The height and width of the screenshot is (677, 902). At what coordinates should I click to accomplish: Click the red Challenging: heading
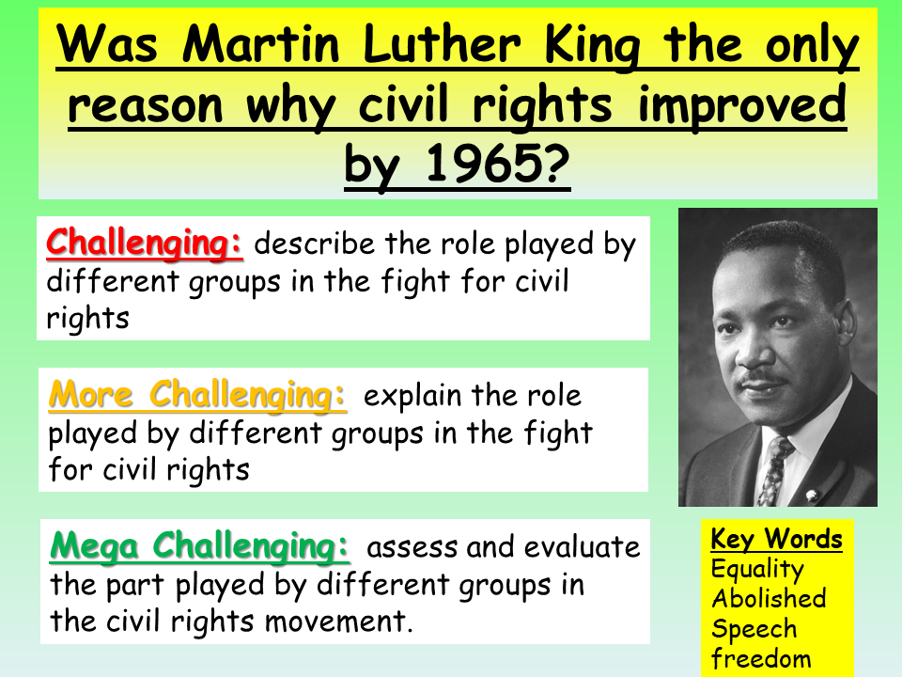(x=145, y=243)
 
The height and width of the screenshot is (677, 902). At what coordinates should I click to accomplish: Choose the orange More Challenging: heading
(x=197, y=395)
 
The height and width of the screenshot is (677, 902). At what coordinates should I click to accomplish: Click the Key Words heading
(x=776, y=540)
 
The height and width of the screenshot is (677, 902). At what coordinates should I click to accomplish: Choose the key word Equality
(x=757, y=570)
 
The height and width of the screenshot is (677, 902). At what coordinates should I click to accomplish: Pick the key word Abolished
(x=769, y=599)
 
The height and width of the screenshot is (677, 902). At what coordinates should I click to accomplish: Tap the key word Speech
(x=754, y=629)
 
